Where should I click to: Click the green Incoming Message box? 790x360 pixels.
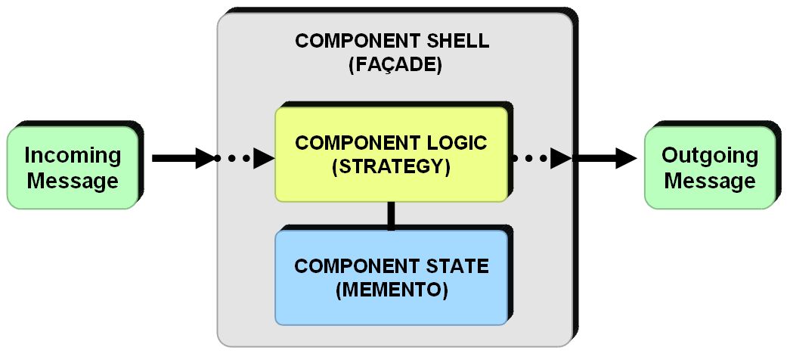coord(73,168)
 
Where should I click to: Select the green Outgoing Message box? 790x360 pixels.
coord(709,168)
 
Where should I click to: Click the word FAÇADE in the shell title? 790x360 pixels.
coord(395,65)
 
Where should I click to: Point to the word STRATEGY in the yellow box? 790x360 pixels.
coord(391,167)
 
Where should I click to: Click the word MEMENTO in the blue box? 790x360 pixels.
coord(391,290)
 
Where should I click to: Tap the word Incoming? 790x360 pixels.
coord(73,155)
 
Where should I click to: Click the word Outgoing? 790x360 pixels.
coord(709,155)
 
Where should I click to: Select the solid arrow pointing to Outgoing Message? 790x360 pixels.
coord(605,159)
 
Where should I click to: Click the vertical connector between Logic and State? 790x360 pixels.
coord(391,216)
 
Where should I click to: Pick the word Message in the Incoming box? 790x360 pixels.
coord(73,182)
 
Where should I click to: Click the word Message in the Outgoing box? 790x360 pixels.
coord(709,182)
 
